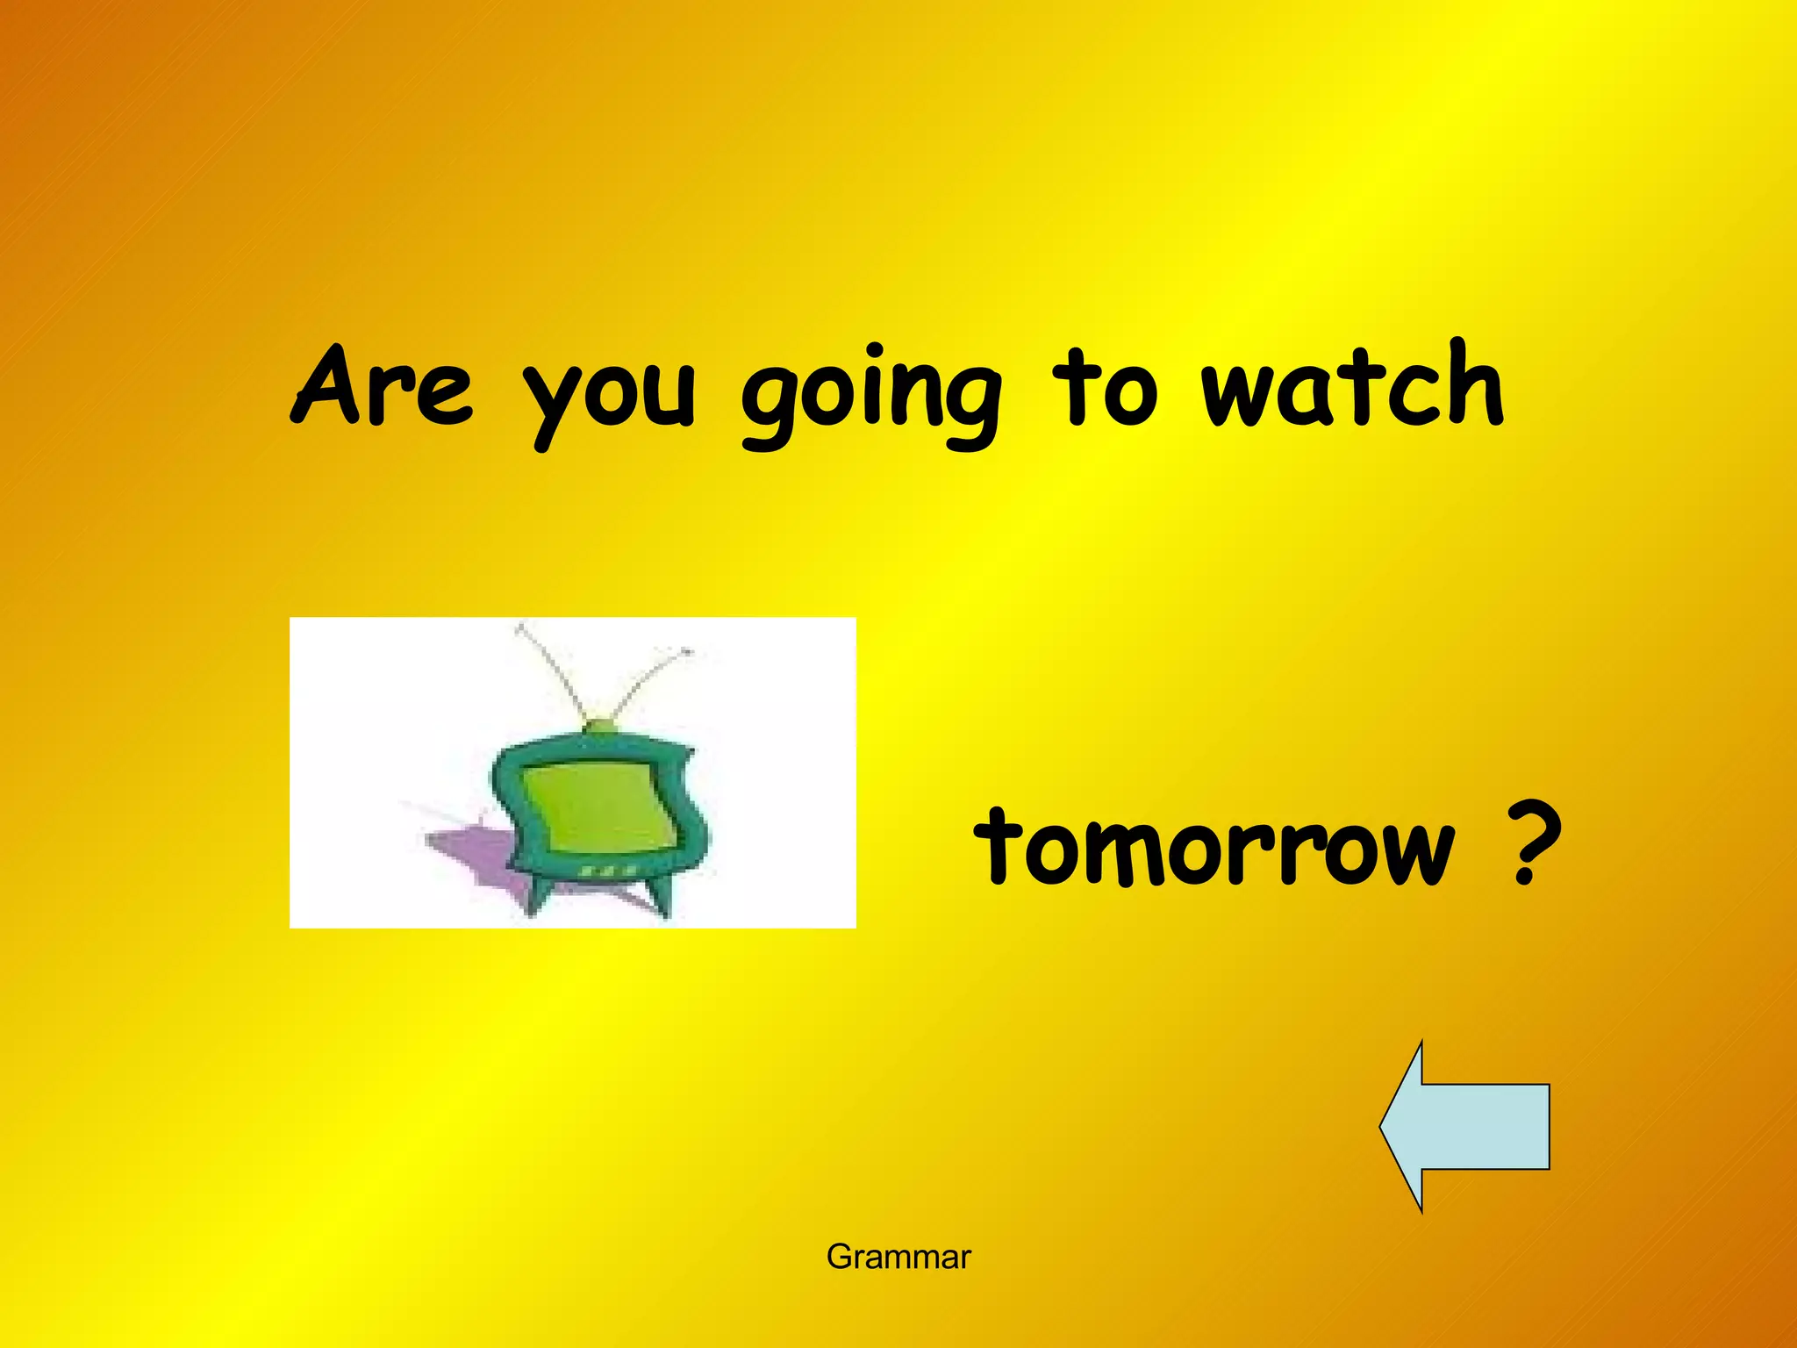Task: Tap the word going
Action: (x=871, y=395)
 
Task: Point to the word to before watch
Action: (x=1105, y=388)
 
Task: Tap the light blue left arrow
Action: (x=1465, y=1127)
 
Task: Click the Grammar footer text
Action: (x=898, y=1257)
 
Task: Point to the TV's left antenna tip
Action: (x=520, y=627)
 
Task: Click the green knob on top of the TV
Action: (x=600, y=726)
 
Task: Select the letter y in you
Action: (x=549, y=404)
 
